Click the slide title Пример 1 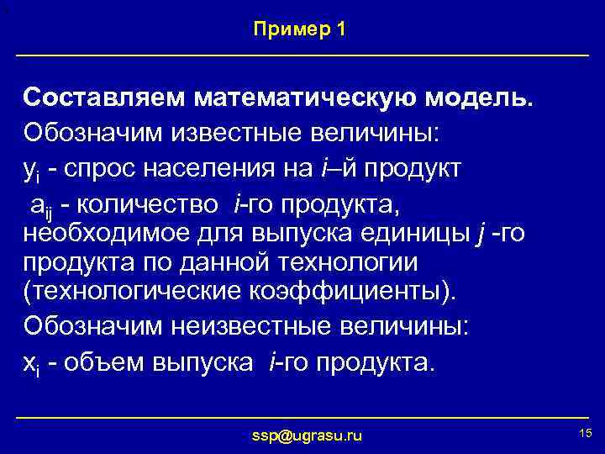[x=299, y=29]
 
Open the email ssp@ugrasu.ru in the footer [x=308, y=435]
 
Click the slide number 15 [x=586, y=432]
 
